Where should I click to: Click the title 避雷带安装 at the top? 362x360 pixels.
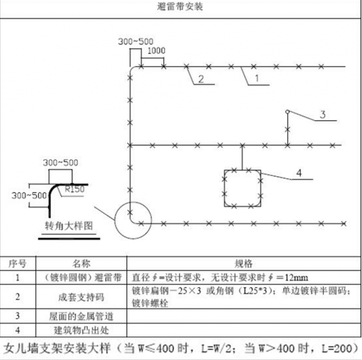pos(181,7)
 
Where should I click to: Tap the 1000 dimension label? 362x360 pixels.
pos(156,51)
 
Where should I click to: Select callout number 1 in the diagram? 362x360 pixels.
pos(256,77)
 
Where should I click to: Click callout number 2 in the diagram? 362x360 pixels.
pos(200,78)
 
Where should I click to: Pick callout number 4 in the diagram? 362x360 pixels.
pos(299,173)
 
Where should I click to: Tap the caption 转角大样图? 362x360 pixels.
pos(69,226)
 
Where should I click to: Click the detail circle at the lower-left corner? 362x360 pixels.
pos(132,219)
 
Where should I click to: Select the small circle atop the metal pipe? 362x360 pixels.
pos(288,112)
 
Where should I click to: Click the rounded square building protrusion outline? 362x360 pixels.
pos(242,188)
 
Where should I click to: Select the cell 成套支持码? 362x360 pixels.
pos(82,297)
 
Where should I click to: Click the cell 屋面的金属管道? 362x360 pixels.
pos(82,315)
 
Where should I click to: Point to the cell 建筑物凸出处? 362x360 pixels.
pos(82,330)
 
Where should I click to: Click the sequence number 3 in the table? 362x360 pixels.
pos(17,315)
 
